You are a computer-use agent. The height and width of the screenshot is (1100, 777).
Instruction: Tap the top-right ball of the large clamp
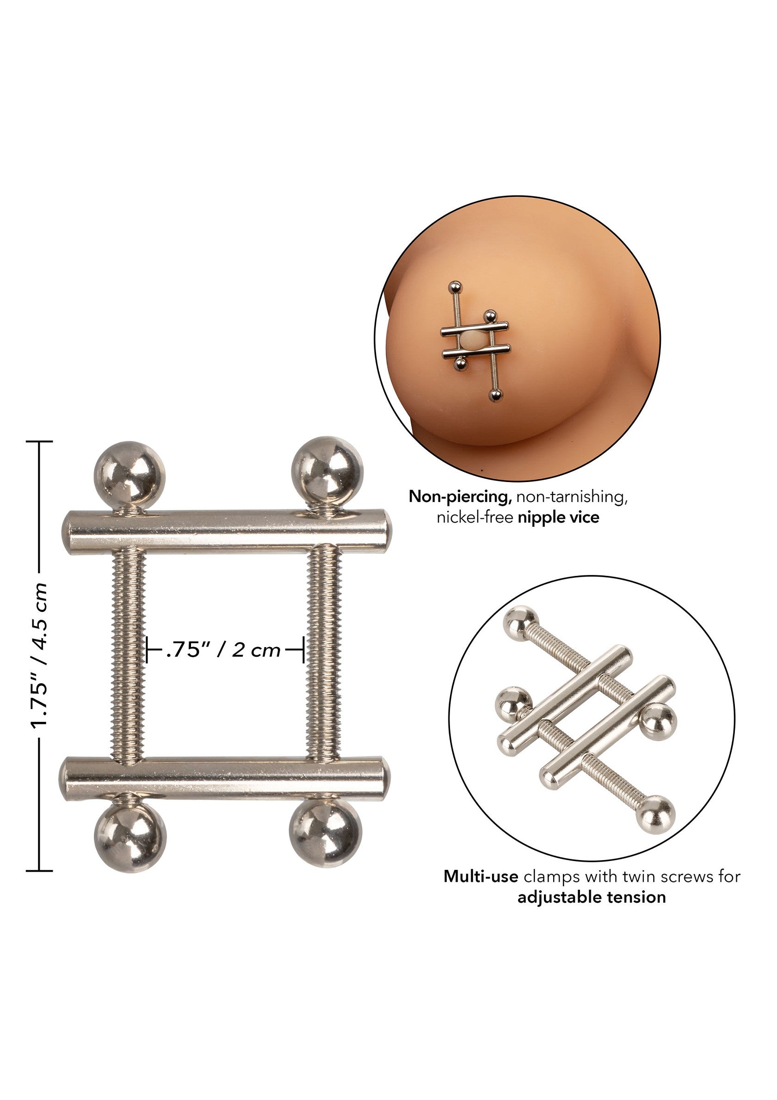(x=327, y=471)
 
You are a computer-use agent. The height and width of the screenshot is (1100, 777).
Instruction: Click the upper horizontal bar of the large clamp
(x=225, y=533)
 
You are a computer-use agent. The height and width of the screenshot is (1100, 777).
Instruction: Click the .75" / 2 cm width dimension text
(x=223, y=650)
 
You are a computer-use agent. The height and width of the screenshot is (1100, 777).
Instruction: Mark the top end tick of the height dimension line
(x=39, y=441)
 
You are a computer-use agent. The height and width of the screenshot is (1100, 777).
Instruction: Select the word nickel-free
(x=475, y=518)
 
